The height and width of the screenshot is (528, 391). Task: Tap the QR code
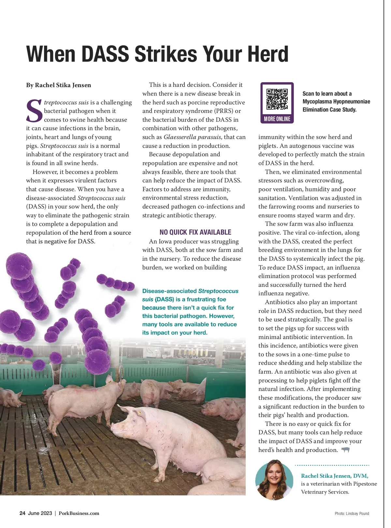(277, 99)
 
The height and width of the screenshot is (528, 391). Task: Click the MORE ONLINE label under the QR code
(277, 119)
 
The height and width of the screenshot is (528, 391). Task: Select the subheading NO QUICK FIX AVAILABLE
(195, 232)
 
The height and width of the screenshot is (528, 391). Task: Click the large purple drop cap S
(34, 111)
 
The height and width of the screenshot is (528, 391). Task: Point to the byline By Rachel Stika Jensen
(59, 85)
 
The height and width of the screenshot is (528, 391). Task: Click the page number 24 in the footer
(22, 513)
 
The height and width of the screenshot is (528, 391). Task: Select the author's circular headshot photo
(274, 480)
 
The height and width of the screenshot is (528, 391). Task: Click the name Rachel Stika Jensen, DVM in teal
(334, 476)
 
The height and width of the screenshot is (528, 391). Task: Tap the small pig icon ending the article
(345, 450)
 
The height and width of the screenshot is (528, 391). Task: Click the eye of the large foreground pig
(140, 413)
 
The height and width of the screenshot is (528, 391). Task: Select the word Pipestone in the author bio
(365, 484)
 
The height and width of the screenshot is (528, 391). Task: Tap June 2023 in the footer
(40, 513)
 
